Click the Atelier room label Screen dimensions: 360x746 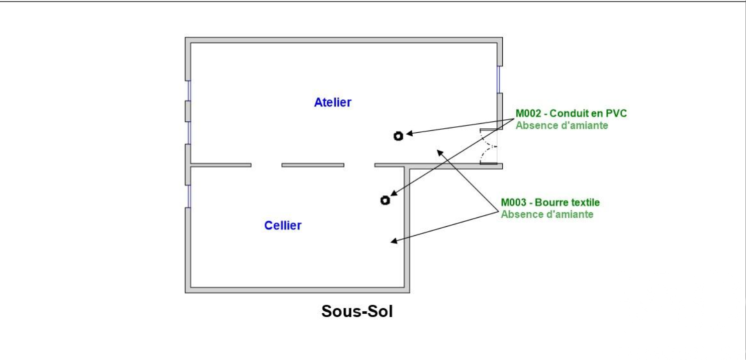click(x=333, y=102)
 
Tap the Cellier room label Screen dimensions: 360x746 click(x=282, y=226)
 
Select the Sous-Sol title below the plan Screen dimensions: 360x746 click(x=357, y=312)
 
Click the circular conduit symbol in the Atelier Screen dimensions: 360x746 click(x=398, y=136)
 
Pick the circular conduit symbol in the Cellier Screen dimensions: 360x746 click(x=384, y=200)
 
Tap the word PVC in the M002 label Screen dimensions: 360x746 click(x=617, y=113)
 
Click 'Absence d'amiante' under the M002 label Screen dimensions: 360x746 click(x=561, y=125)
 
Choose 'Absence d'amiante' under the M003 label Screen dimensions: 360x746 click(x=547, y=215)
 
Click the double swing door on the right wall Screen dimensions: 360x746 click(x=489, y=146)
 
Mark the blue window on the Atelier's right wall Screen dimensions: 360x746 click(x=499, y=80)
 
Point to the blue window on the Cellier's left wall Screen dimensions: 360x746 click(x=188, y=196)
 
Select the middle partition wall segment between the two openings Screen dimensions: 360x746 click(x=312, y=165)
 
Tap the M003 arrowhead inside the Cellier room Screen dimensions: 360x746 click(x=393, y=242)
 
